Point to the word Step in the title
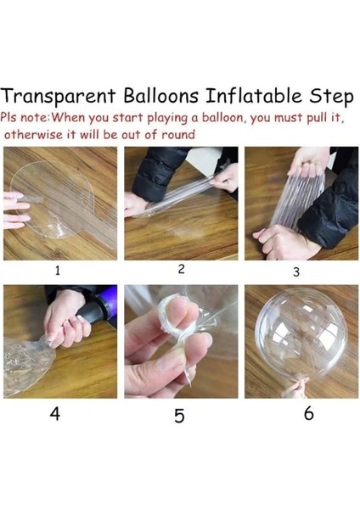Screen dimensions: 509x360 (x=330, y=95)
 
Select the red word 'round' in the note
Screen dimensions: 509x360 (x=175, y=134)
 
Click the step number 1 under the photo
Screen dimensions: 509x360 (x=58, y=271)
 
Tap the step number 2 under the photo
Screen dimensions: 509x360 (x=181, y=269)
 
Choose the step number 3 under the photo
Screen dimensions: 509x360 (x=296, y=272)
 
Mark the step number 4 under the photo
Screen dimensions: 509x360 (x=55, y=416)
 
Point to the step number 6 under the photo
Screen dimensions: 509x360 (x=308, y=413)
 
